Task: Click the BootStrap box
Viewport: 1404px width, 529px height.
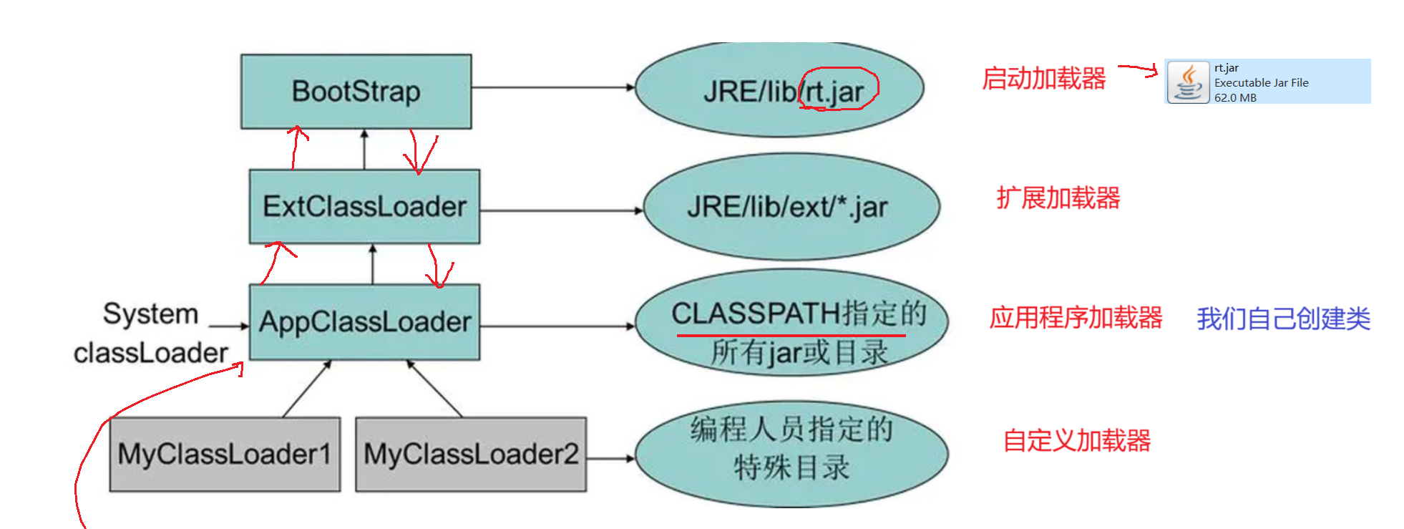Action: pos(356,92)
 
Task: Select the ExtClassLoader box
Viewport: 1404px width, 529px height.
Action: pos(364,206)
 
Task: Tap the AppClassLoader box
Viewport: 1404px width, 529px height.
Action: pos(364,322)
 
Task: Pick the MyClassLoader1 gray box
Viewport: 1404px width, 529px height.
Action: pos(225,454)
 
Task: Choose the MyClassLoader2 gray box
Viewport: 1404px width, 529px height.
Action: pos(471,454)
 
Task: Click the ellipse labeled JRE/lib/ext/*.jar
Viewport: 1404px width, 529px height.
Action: pos(791,208)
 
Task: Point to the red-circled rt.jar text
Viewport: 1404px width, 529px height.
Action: pos(837,91)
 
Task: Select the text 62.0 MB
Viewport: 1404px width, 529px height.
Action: pos(1235,97)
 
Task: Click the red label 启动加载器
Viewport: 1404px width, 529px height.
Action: pos(1043,78)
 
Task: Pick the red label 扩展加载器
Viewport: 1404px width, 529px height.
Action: pos(1058,198)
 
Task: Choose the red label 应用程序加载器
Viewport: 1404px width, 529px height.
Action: pos(1076,317)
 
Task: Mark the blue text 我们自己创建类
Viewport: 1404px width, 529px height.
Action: pos(1283,319)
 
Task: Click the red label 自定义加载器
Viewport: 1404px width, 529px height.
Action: pos(1076,440)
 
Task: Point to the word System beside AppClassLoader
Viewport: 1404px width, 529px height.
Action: pos(150,314)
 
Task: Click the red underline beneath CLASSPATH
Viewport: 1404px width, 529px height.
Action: pos(791,334)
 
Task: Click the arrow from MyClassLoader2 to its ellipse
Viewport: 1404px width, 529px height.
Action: pos(610,458)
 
